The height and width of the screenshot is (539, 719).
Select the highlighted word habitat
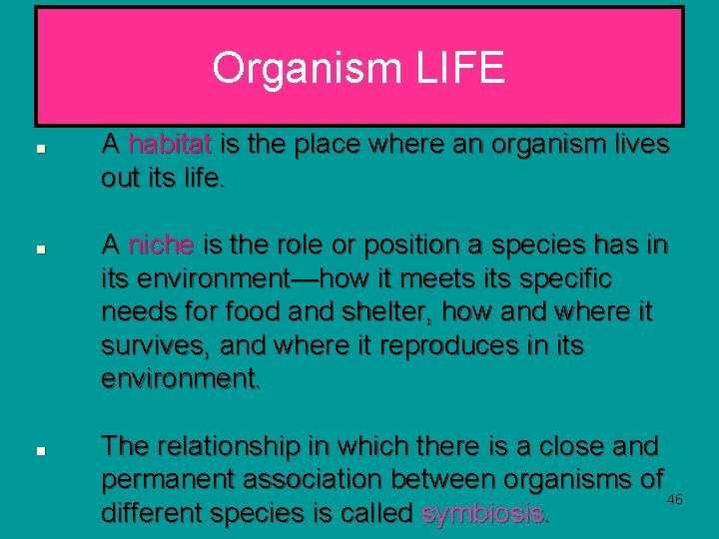click(x=170, y=145)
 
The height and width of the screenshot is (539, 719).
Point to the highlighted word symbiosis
click(x=484, y=513)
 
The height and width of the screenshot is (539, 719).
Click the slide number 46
click(x=675, y=498)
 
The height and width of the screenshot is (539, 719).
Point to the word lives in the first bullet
click(x=636, y=145)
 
